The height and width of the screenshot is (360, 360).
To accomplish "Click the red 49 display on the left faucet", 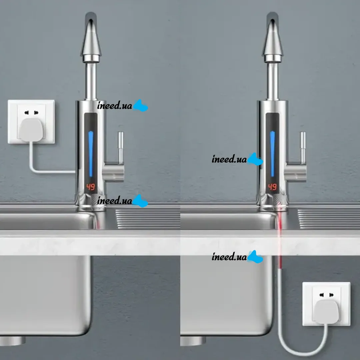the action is (x=91, y=187).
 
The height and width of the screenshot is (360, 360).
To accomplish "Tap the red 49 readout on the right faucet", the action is (x=272, y=187).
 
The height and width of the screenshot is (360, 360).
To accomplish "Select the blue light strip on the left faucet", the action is (x=91, y=154).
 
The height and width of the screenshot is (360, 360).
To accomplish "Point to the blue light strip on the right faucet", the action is (x=272, y=154).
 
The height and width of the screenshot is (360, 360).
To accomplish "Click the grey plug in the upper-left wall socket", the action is (x=31, y=130).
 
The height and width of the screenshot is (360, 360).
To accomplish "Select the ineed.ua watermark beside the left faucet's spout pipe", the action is (x=122, y=106).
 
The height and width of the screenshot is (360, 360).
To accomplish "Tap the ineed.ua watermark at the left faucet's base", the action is (x=122, y=201).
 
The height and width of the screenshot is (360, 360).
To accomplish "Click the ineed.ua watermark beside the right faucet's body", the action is (x=237, y=159).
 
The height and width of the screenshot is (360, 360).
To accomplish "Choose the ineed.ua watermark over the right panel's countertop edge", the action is (x=237, y=256).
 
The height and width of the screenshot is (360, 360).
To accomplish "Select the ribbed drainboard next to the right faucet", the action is (x=329, y=219).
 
